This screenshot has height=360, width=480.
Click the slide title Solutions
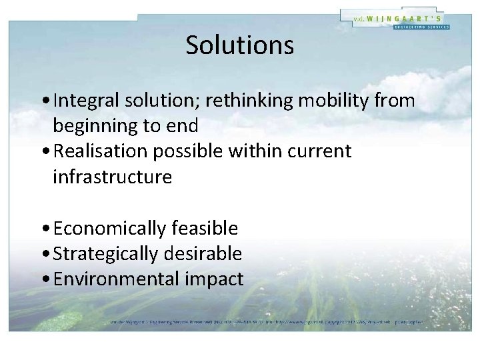[239, 45]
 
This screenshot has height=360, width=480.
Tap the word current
[319, 151]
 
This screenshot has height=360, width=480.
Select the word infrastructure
[112, 177]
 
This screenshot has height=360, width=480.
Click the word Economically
[110, 229]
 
